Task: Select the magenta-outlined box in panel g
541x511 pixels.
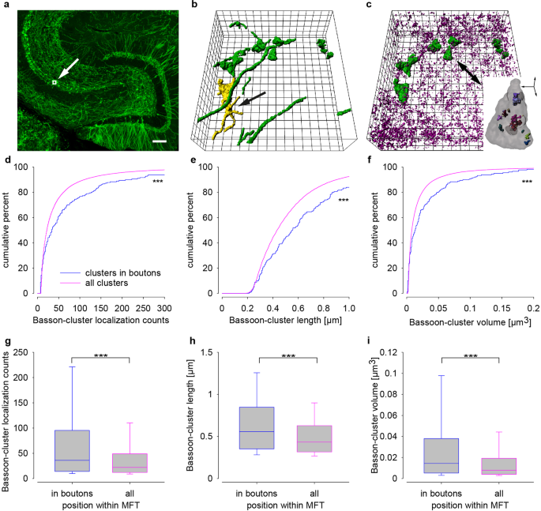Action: [129, 463]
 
